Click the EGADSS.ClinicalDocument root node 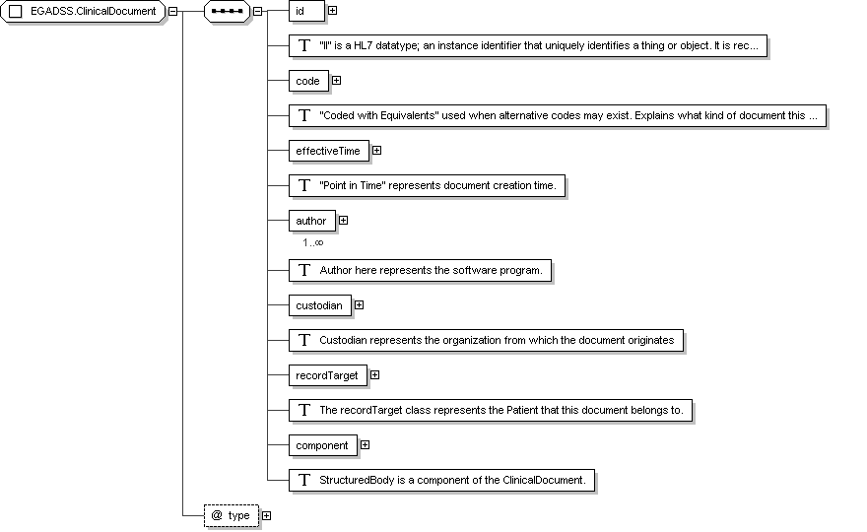pos(83,11)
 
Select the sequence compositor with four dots pos(228,11)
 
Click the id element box pos(306,11)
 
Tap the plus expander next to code pos(336,81)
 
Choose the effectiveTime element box pos(329,151)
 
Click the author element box pos(312,221)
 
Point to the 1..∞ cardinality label pos(313,242)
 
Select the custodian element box pos(320,305)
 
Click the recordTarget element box pos(328,375)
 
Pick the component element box pos(323,445)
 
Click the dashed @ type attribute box pos(232,515)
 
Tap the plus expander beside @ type pos(267,515)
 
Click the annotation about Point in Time pos(427,186)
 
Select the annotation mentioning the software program pos(421,270)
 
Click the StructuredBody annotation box pos(441,480)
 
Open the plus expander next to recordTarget pos(375,375)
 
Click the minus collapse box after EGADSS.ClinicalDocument pos(173,11)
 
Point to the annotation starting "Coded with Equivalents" pos(558,116)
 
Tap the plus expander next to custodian pos(360,304)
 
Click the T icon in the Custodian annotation pos(304,340)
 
